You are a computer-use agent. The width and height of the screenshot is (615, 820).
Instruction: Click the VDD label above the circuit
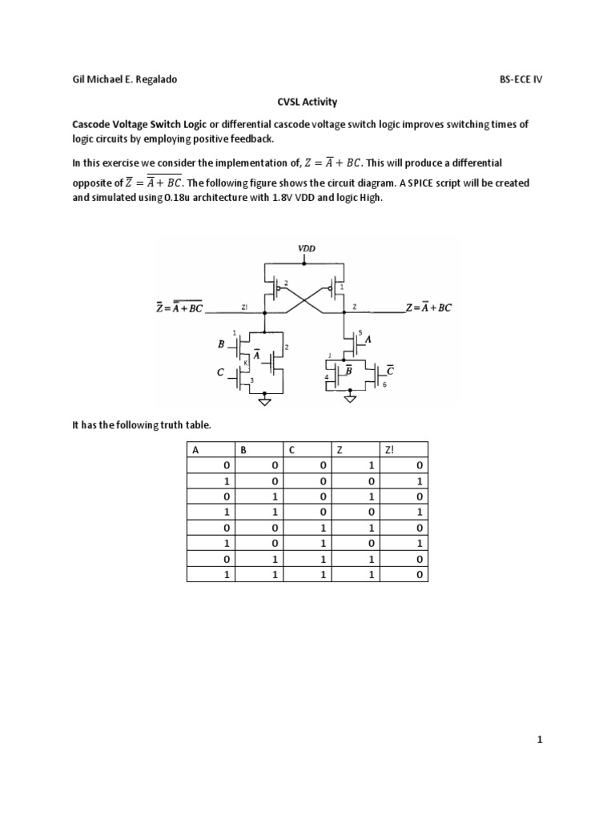click(x=307, y=249)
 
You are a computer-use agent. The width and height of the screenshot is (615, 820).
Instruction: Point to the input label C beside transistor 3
click(x=221, y=373)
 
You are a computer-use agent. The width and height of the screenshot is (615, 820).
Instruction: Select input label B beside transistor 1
click(x=221, y=345)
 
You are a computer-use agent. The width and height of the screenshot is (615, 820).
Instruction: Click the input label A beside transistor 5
click(x=369, y=339)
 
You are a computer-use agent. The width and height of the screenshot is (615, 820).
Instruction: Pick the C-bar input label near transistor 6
click(x=390, y=370)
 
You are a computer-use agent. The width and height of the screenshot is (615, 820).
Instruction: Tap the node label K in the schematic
click(x=247, y=362)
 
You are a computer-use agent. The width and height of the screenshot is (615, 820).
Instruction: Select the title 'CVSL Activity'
click(x=307, y=102)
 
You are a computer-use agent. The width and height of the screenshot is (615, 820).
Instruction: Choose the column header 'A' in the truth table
click(x=195, y=450)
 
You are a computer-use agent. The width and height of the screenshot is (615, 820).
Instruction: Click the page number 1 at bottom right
click(x=541, y=741)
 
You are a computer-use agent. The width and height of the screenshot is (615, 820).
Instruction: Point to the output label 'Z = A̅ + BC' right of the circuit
click(x=429, y=307)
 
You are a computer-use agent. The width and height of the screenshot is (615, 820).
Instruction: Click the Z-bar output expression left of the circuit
click(x=180, y=307)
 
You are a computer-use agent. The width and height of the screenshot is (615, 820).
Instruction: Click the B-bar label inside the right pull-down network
click(x=349, y=370)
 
